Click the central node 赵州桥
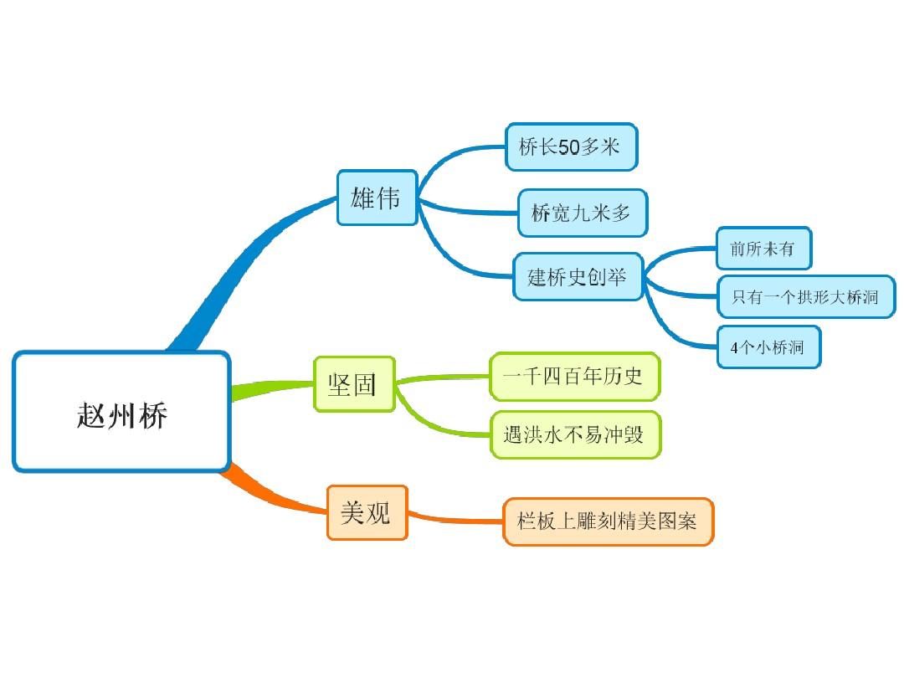121,411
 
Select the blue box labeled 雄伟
377,198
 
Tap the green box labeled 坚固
354,384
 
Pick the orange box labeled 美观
367,512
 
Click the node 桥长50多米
571,147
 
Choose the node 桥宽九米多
582,213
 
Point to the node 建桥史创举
578,276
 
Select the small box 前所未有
763,249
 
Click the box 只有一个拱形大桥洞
806,296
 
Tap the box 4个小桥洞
768,347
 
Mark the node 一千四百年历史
574,376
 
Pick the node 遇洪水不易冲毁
575,434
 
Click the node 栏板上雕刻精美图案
608,521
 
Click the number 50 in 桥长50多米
568,147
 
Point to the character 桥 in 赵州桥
154,413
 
